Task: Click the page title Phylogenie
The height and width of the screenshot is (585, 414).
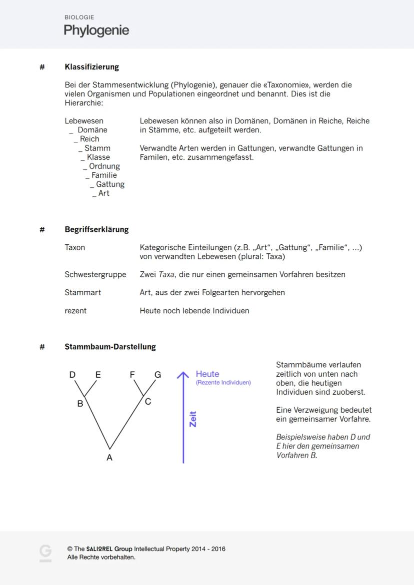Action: [x=96, y=30]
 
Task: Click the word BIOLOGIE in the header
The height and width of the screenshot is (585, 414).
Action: [x=79, y=17]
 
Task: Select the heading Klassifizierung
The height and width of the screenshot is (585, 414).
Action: [x=91, y=67]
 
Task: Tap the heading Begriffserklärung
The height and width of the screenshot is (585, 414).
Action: [x=96, y=230]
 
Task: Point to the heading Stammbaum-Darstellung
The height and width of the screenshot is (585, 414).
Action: [x=110, y=347]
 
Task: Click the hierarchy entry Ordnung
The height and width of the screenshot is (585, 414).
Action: [x=104, y=166]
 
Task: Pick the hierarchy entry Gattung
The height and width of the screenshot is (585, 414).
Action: [x=110, y=184]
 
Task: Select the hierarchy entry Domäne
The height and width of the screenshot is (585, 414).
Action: [x=92, y=130]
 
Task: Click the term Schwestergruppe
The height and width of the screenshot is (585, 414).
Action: [x=95, y=275]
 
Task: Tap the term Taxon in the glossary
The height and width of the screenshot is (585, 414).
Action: [x=75, y=248]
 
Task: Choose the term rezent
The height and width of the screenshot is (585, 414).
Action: [x=75, y=311]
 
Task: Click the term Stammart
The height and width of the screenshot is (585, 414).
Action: [x=82, y=293]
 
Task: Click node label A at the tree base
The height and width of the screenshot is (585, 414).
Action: [x=109, y=458]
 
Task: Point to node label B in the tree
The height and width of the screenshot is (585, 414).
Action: [x=79, y=404]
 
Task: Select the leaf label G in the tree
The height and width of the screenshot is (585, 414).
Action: [x=157, y=375]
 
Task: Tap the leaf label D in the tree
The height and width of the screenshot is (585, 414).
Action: [x=72, y=375]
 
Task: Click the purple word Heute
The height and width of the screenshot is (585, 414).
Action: [x=207, y=374]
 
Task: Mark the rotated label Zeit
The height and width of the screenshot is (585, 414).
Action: [x=193, y=419]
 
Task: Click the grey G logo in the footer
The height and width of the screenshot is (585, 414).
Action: [x=45, y=553]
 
